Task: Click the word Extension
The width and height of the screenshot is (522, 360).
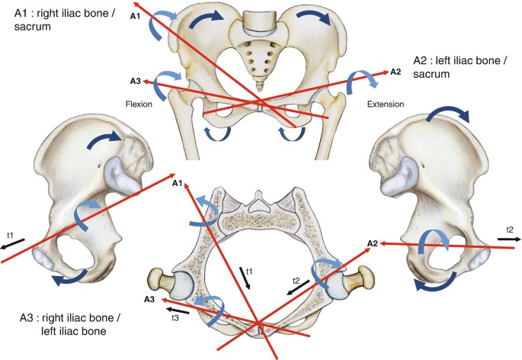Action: tap(386, 103)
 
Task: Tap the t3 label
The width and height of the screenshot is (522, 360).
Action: tap(175, 317)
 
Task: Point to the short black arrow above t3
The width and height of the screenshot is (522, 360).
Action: tap(180, 308)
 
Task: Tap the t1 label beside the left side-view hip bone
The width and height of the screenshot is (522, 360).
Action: tap(9, 235)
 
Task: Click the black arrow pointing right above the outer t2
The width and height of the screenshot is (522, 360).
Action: tap(509, 239)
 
